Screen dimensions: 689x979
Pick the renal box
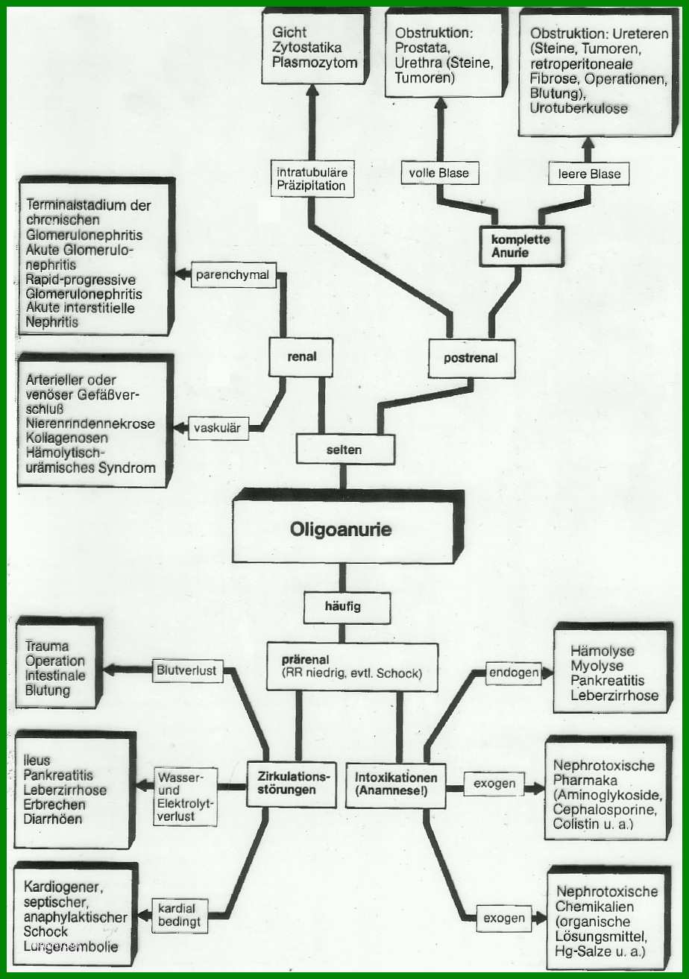301,356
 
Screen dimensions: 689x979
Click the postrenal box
471,358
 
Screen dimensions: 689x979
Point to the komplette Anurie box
520,246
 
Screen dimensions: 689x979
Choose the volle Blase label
439,173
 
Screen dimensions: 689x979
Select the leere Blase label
589,174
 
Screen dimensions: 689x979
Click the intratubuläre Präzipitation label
312,179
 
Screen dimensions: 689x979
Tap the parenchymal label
233,275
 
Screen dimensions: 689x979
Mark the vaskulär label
218,428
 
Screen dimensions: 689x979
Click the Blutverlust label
187,670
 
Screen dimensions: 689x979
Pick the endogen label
514,673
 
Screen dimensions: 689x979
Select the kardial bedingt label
179,915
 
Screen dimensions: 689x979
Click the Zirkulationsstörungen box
292,784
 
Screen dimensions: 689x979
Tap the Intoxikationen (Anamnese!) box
396,785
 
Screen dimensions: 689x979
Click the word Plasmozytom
315,63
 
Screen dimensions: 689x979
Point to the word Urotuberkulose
579,108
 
